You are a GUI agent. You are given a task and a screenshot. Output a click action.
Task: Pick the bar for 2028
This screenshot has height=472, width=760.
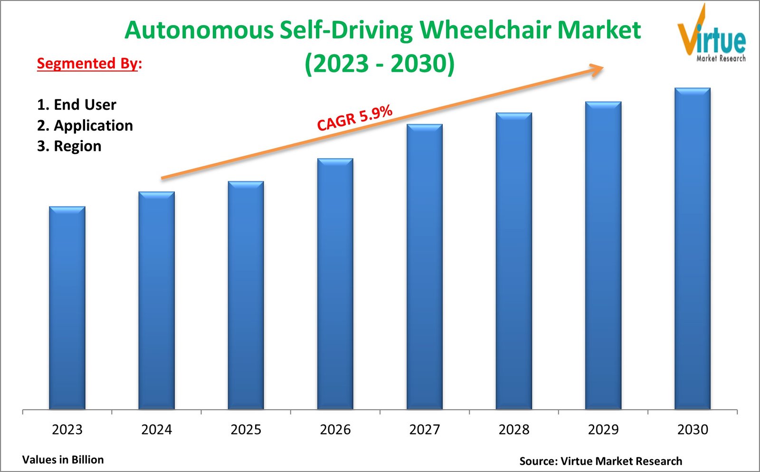(513, 261)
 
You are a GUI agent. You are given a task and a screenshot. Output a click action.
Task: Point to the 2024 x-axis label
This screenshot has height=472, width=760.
(156, 429)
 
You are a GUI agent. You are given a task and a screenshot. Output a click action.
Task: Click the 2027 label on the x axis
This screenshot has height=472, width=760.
(424, 429)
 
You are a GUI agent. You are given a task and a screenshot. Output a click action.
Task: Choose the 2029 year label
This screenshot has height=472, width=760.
(603, 429)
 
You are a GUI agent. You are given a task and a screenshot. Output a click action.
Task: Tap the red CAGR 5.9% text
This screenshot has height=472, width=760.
(354, 118)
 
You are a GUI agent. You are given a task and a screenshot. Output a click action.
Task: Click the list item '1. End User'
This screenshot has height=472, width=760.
(76, 104)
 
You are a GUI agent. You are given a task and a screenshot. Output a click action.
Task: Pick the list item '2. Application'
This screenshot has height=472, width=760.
(85, 125)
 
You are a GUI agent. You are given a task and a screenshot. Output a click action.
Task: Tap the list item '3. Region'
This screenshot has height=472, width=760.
(69, 146)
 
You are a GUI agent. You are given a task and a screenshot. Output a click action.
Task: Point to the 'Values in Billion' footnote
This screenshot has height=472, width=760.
(63, 460)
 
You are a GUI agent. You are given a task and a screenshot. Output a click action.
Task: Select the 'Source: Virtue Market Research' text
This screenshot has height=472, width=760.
(600, 461)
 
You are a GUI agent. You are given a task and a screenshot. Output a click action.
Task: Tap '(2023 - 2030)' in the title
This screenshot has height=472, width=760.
(380, 63)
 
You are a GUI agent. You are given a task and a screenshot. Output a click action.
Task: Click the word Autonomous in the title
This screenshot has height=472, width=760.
(199, 30)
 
